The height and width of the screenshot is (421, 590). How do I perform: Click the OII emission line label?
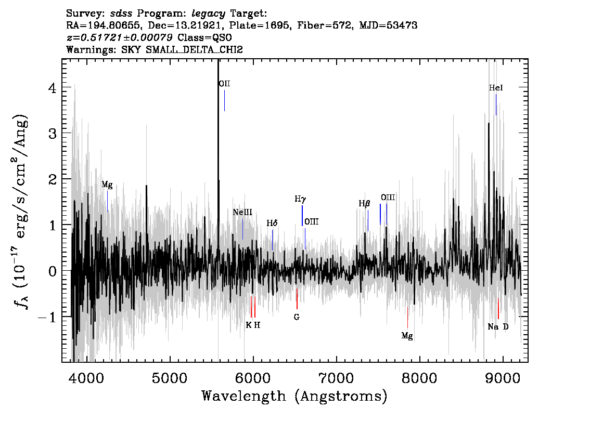225,84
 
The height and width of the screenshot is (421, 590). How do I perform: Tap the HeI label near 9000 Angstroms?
496,88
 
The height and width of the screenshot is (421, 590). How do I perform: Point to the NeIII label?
242,213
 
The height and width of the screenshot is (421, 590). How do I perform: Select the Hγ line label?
300,199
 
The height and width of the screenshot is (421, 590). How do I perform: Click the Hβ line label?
364,204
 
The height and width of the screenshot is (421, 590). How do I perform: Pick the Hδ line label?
272,223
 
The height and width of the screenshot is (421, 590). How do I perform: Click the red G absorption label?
297,317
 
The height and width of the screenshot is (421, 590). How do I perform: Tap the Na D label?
498,326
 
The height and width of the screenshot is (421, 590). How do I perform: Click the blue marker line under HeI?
496,104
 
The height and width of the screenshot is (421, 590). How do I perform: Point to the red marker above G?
297,299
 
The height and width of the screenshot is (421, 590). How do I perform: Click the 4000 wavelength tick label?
87,378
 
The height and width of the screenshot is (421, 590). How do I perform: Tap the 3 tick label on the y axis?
53,134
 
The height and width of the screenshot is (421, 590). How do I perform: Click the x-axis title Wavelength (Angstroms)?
294,397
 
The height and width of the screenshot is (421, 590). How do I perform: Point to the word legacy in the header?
209,14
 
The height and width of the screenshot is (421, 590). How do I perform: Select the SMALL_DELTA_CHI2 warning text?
194,49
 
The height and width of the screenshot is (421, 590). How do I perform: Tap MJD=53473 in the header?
388,25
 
